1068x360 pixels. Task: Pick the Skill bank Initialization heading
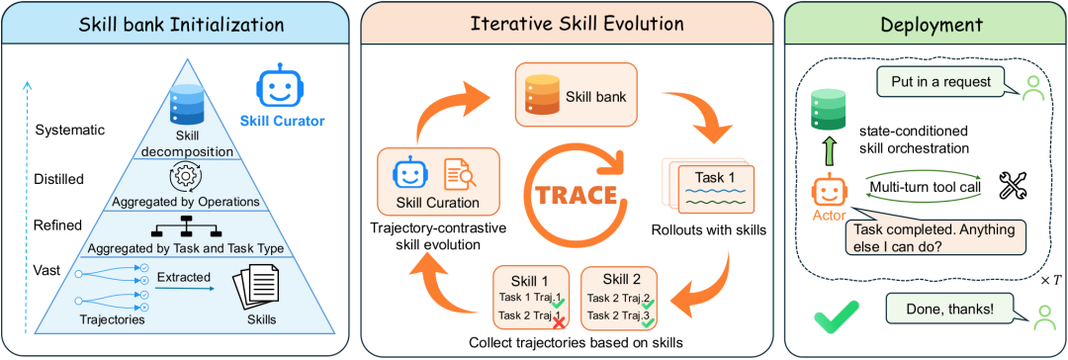(181, 25)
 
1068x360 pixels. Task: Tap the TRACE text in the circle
(576, 194)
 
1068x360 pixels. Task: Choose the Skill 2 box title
(620, 280)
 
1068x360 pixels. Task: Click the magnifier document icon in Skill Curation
(460, 174)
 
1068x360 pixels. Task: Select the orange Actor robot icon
(826, 192)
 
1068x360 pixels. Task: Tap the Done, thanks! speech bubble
(949, 309)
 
